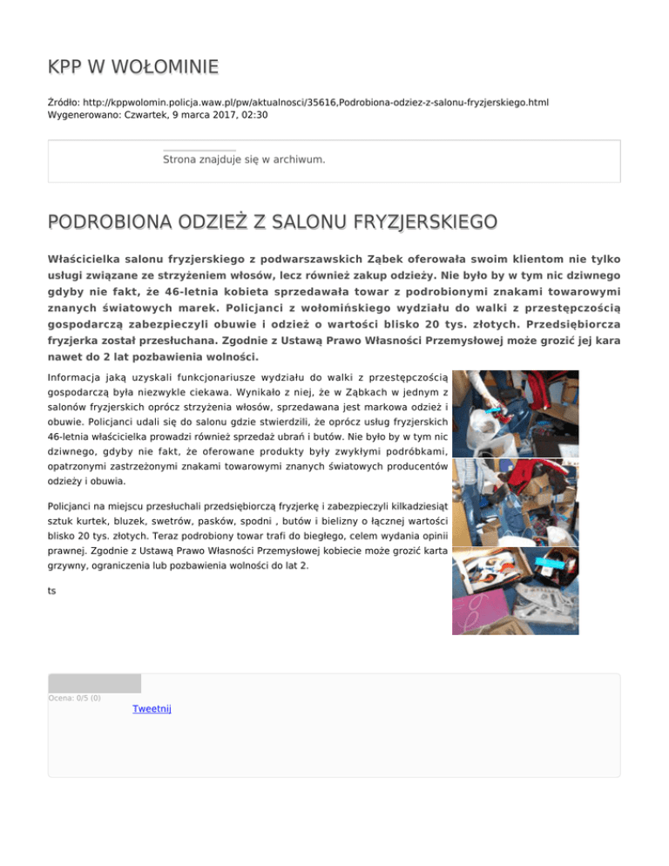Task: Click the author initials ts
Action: pyautogui.click(x=52, y=591)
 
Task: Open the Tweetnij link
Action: pyautogui.click(x=152, y=709)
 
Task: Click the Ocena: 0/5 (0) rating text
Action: pyautogui.click(x=74, y=697)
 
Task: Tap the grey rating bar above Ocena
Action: pyautogui.click(x=94, y=683)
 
